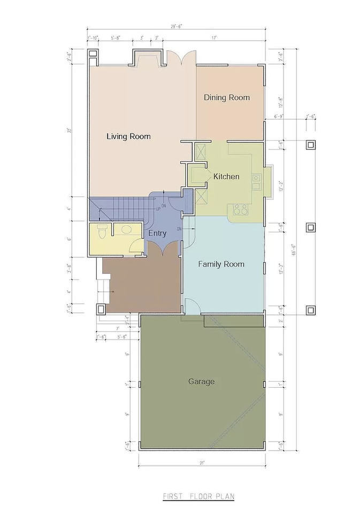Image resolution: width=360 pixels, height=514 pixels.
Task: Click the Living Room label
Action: coord(128,137)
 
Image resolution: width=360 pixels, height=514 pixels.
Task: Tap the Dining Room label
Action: coord(227,97)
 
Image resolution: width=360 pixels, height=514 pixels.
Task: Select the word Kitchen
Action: coord(226,177)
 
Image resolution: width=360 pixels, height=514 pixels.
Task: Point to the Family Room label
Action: coord(221,264)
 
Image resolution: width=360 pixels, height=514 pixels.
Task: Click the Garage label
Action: coord(201,382)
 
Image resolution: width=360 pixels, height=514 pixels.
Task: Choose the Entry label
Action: coord(157,233)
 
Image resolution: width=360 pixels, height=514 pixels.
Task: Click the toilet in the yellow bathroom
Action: coord(102,230)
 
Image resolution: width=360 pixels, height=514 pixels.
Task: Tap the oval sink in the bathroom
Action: coord(126,230)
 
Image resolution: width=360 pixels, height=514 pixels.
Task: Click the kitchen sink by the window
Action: coord(256,182)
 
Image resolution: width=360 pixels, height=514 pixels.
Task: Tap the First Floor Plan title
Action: coord(198,497)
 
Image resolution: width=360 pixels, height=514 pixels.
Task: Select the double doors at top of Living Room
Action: coord(174,58)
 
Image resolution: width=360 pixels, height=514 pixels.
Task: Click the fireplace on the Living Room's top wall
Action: coord(144,58)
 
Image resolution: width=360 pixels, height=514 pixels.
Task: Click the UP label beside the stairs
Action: coord(158,209)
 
